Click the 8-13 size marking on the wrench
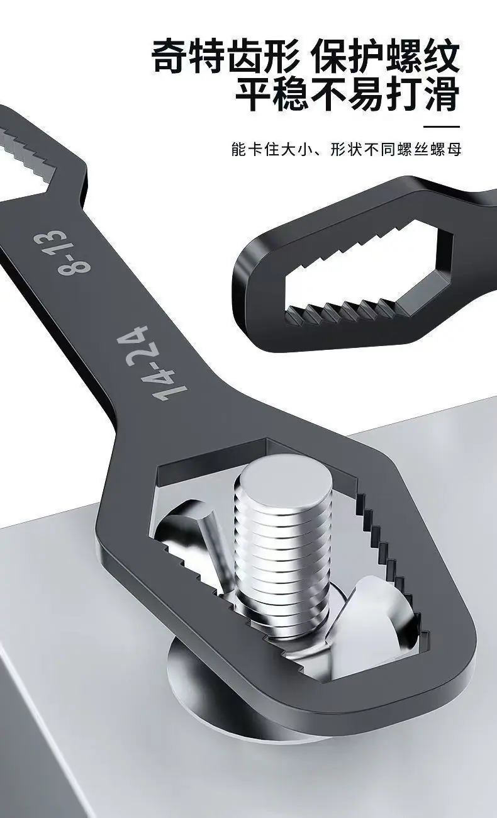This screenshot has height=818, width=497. click(62, 252)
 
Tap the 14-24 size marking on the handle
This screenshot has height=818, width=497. click(152, 363)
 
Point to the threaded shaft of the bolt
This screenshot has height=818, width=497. click(284, 559)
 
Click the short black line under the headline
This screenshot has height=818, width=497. click(442, 126)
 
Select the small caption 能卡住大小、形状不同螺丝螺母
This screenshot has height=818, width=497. click(346, 150)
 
